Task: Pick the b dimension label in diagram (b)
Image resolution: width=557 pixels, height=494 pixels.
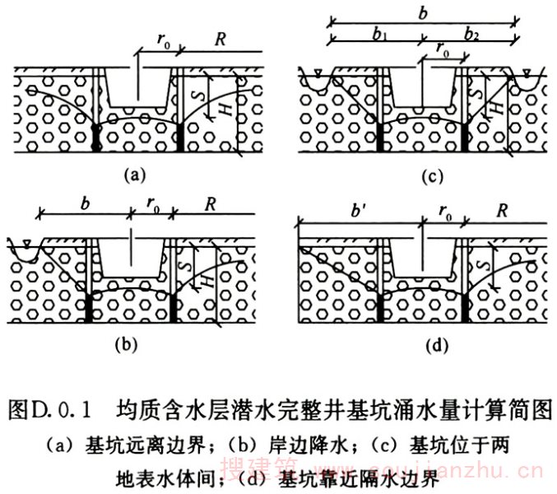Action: (x=85, y=202)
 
